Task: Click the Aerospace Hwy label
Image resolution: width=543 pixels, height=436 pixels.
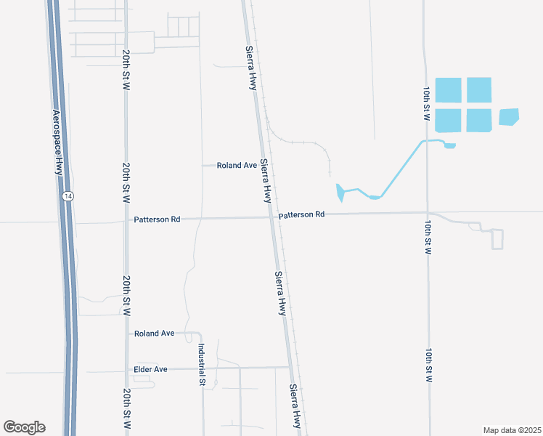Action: tap(57, 142)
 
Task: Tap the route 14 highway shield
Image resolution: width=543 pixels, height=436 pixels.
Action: tap(68, 197)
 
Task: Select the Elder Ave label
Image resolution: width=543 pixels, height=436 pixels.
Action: tap(151, 369)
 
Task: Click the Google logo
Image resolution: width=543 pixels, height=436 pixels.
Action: tap(24, 427)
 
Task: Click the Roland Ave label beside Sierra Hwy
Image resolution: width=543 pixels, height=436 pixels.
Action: tap(237, 166)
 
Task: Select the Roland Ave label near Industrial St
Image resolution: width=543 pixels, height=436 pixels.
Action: tap(154, 333)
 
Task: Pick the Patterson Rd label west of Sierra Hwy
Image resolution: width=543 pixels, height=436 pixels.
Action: tap(157, 219)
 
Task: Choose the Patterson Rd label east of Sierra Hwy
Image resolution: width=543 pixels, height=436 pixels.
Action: tap(301, 215)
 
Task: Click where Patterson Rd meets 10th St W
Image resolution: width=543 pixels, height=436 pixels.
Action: tap(428, 213)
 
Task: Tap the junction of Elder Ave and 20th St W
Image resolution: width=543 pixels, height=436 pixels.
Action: tap(126, 369)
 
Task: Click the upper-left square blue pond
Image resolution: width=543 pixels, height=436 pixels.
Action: tap(446, 90)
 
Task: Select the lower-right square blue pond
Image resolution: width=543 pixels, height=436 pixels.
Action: tap(479, 121)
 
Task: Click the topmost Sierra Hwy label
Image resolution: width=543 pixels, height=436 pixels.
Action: tap(252, 68)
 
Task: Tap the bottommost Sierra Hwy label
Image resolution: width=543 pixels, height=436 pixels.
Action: tap(296, 405)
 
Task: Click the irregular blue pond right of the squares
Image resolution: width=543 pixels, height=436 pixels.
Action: tap(509, 117)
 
